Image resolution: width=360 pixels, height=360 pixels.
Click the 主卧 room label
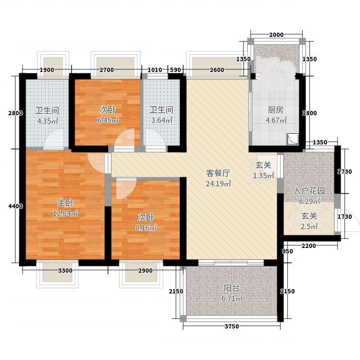click(65, 203)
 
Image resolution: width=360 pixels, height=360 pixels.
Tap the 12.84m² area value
click(65, 213)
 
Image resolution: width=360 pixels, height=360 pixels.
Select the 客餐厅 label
click(218, 173)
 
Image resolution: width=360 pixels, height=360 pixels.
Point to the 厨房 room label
click(275, 110)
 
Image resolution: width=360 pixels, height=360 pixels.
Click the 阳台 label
click(232, 288)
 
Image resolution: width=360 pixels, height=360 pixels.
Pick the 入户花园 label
click(309, 191)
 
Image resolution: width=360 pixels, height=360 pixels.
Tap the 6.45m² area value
click(108, 120)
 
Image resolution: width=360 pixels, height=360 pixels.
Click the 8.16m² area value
click(146, 228)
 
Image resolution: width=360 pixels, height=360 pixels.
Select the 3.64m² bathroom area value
click(162, 120)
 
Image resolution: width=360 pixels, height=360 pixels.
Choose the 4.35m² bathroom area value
click(48, 121)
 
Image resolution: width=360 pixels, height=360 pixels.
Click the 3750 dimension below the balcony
click(232, 326)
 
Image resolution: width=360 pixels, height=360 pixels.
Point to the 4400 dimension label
click(16, 206)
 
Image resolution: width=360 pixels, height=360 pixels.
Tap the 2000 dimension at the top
click(276, 35)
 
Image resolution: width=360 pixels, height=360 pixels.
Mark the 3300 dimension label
click(65, 271)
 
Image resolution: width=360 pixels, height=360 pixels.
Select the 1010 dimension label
click(155, 70)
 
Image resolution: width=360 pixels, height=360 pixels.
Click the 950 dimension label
click(288, 252)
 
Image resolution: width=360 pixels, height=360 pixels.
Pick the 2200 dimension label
click(309, 246)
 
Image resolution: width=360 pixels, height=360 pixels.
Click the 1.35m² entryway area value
click(263, 175)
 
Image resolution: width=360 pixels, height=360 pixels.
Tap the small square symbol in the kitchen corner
click(293, 139)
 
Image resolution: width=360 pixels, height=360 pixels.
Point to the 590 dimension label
click(175, 70)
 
